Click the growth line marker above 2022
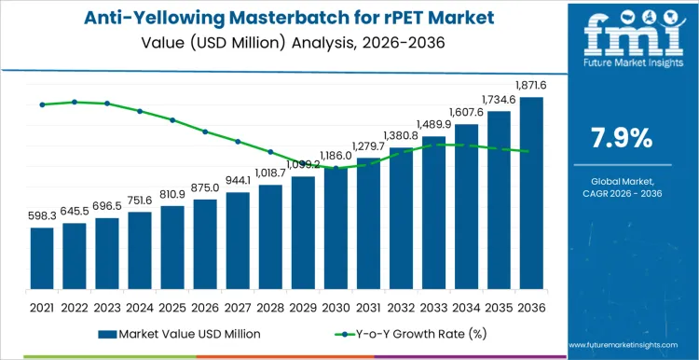coord(75,102)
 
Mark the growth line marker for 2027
coord(238,142)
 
